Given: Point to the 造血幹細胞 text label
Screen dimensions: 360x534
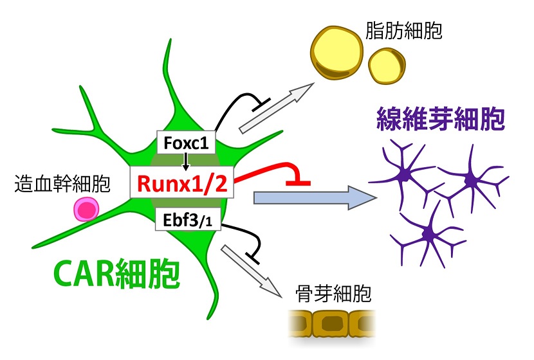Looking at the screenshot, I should pyautogui.click(x=62, y=185).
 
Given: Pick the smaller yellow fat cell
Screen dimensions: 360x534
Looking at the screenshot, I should pyautogui.click(x=387, y=65).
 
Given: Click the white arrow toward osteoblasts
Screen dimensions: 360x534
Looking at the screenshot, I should pyautogui.click(x=252, y=269).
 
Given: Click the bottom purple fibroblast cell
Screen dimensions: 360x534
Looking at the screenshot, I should pyautogui.click(x=427, y=234).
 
